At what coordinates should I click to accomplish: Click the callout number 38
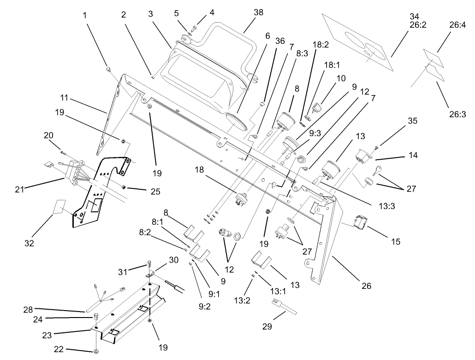[258, 13]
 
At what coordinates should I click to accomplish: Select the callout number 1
[84, 15]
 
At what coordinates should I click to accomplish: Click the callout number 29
[267, 327]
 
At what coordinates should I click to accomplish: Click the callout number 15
[395, 241]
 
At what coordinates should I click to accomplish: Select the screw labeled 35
[377, 147]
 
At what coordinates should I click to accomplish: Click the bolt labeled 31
[149, 264]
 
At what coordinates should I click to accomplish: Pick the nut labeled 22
[96, 352]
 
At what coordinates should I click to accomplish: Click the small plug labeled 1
[108, 69]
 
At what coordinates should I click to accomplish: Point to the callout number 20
[48, 135]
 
